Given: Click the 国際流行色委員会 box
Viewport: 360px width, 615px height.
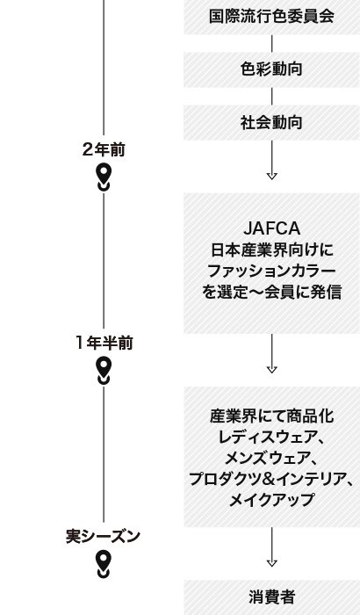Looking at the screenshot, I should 271,17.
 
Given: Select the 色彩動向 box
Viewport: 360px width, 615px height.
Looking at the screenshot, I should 271,69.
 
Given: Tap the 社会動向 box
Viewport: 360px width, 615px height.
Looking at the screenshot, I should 271,122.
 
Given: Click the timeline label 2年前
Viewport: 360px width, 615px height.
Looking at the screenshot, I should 104,149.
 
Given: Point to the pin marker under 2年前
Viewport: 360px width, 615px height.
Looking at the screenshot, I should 104,176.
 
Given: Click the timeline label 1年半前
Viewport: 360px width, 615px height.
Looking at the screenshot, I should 104,343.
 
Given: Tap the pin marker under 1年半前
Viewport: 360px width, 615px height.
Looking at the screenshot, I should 104,370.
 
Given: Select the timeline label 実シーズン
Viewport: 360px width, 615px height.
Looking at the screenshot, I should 104,536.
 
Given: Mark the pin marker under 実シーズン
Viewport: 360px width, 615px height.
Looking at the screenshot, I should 104,563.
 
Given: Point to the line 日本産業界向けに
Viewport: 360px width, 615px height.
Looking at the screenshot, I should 271,250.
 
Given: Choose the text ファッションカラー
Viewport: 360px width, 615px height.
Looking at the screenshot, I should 271,271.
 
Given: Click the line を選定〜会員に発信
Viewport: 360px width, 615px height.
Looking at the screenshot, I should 271,293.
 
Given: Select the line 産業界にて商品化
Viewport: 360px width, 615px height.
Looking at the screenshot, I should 271,416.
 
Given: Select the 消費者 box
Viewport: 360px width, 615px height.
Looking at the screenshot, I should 271,597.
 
